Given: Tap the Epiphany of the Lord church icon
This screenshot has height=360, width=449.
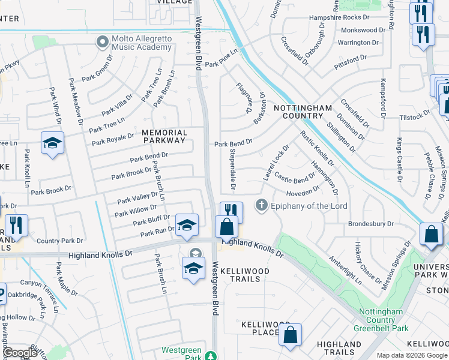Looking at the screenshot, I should [x=261, y=206].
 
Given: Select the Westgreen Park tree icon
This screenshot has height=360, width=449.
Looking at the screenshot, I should [x=210, y=356].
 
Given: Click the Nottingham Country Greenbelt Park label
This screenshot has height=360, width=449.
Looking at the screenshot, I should [x=384, y=320].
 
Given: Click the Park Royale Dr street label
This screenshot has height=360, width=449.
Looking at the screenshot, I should [x=113, y=139].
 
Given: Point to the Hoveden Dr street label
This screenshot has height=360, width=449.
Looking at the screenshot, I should [x=303, y=192].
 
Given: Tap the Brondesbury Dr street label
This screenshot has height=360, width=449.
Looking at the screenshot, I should [x=370, y=224].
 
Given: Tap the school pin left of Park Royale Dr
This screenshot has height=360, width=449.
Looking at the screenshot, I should [x=52, y=143].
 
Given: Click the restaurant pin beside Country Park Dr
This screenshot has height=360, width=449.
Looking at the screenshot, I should [x=16, y=226].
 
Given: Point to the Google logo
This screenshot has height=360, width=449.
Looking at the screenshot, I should [x=20, y=353].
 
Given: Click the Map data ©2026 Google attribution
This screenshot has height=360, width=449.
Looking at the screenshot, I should [x=412, y=355].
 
